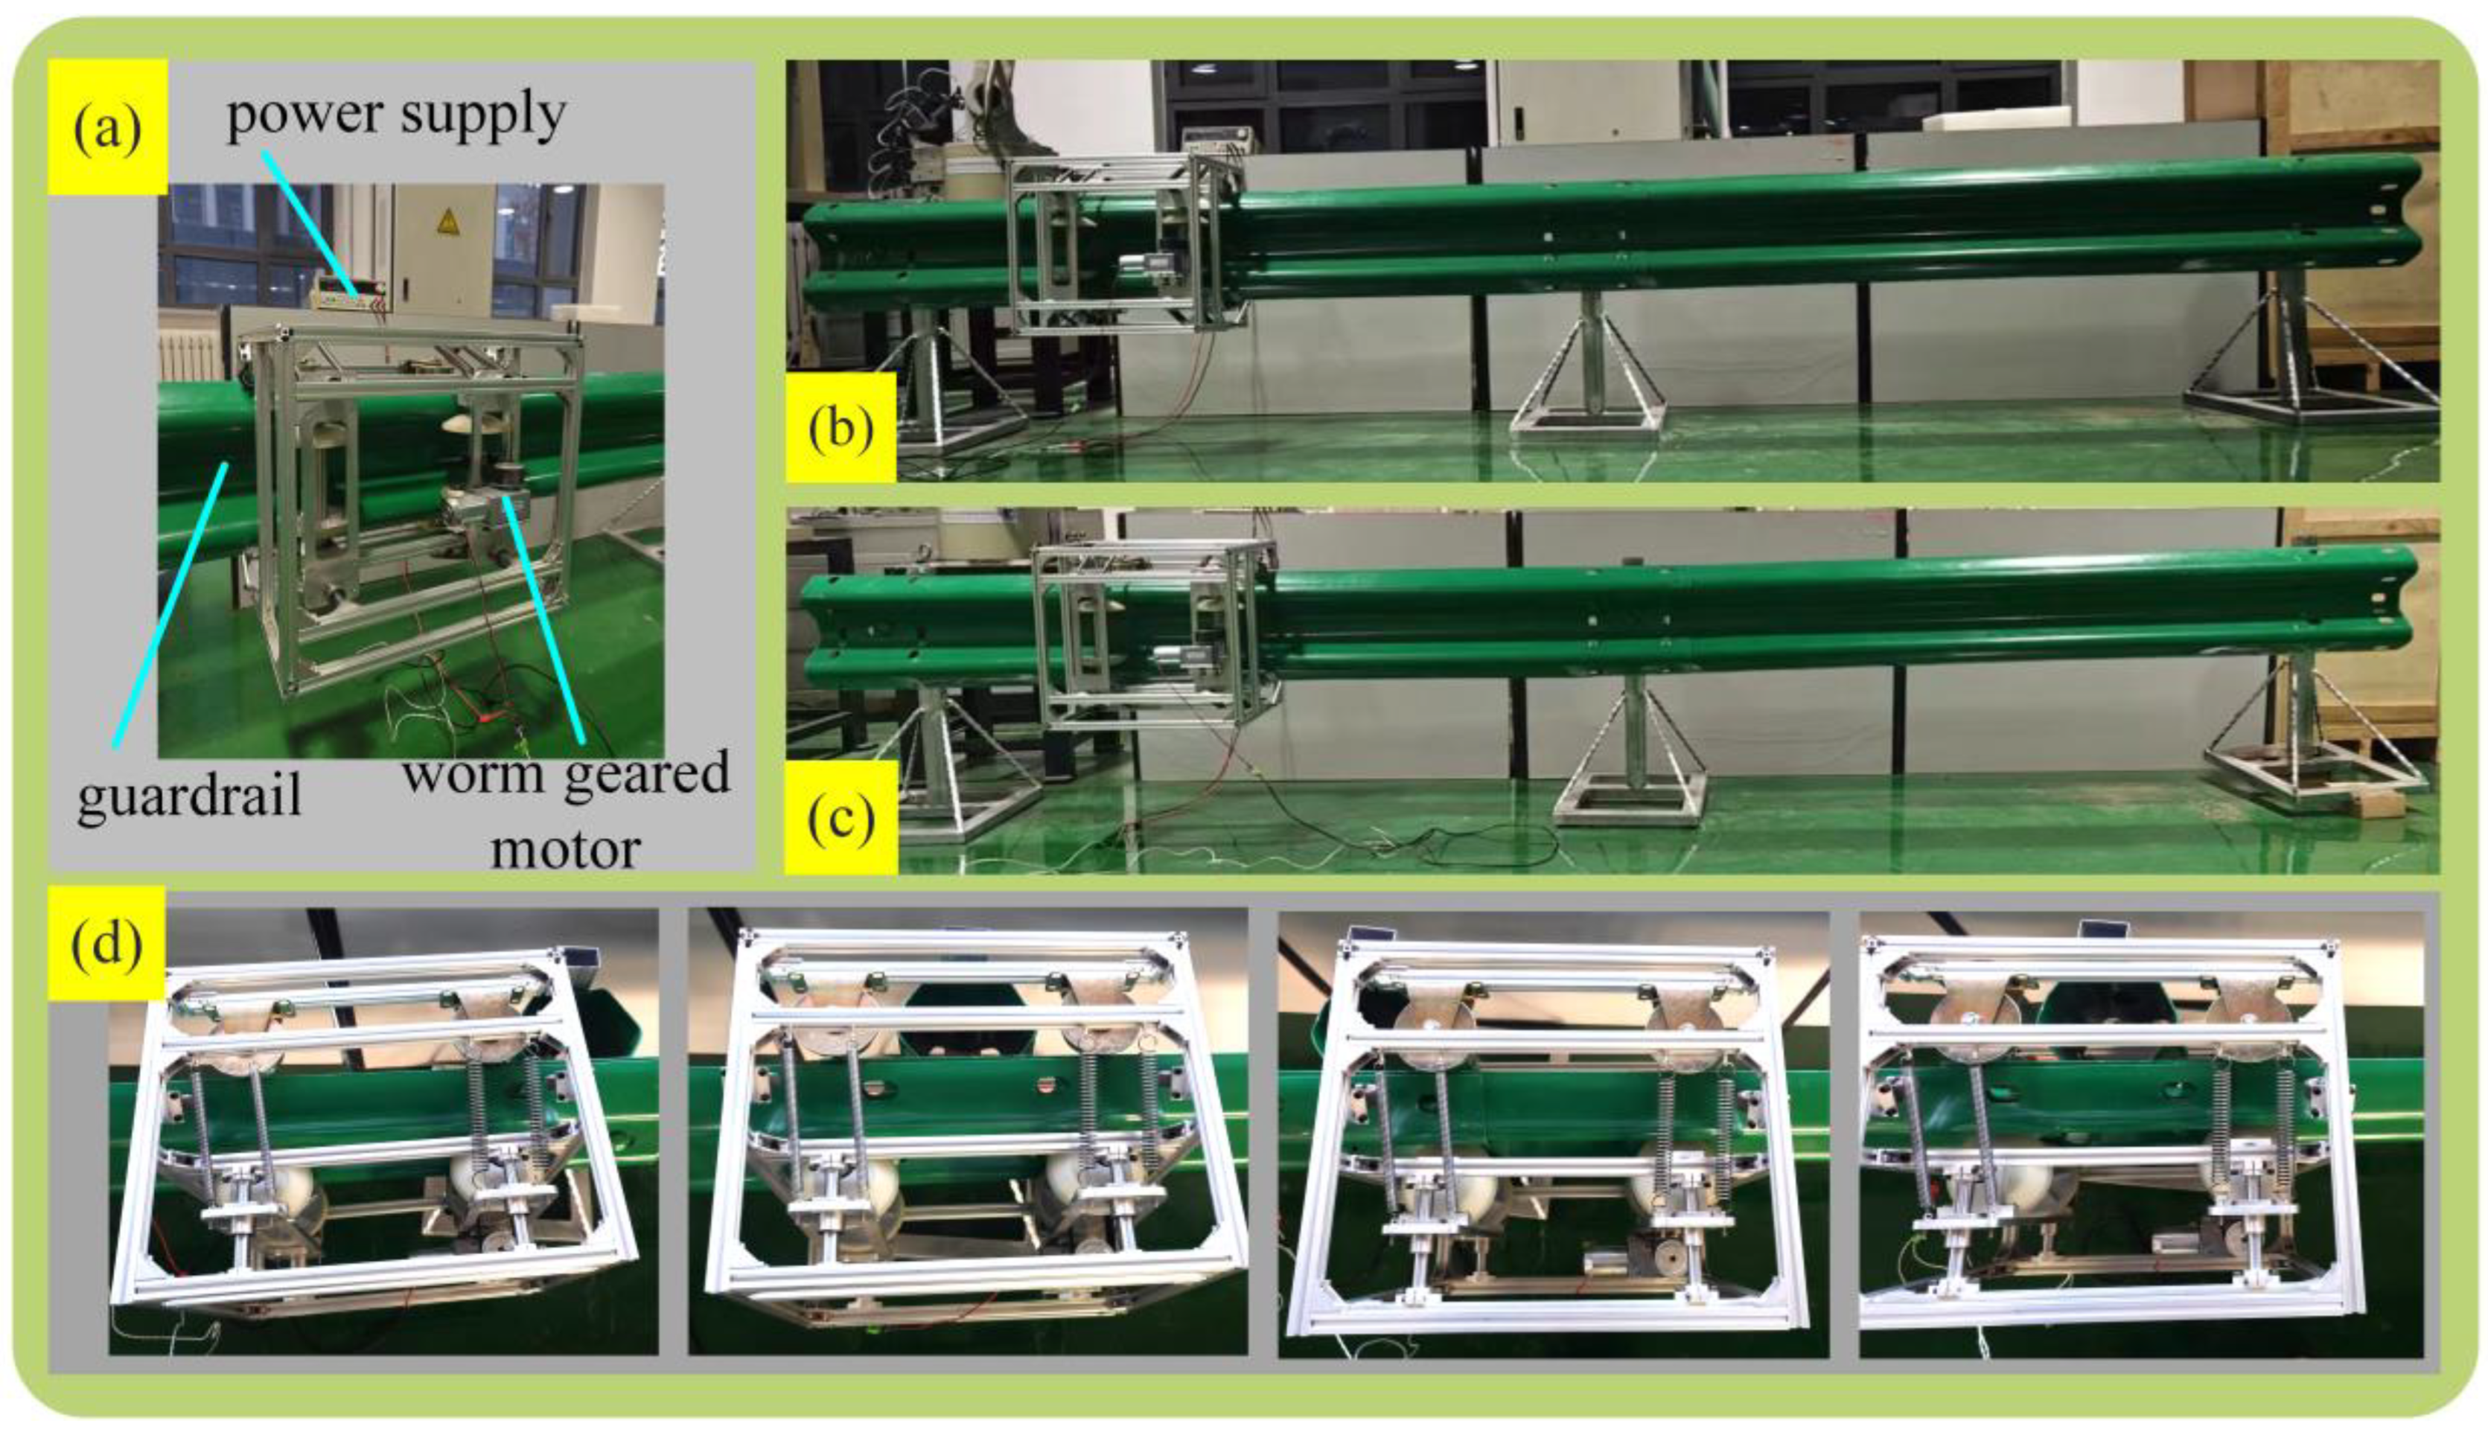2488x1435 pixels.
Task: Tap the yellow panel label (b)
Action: [840, 426]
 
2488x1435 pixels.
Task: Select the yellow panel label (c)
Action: [841, 817]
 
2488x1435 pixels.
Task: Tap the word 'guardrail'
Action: [189, 794]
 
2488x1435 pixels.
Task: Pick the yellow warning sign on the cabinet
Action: [448, 222]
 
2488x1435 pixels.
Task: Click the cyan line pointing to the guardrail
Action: [170, 604]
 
